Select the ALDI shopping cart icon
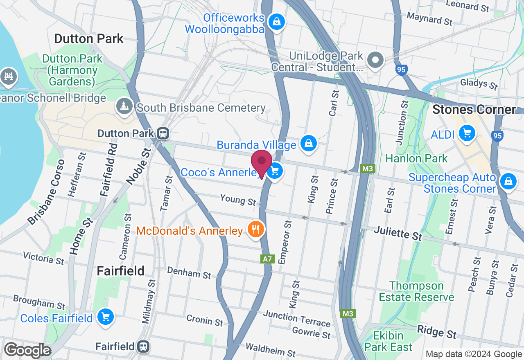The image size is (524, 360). [466, 133]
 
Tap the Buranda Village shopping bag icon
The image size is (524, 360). [309, 143]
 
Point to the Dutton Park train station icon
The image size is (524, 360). [163, 133]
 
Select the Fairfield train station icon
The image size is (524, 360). [143, 346]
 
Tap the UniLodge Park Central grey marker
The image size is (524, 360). [375, 60]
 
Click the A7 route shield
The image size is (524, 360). [267, 259]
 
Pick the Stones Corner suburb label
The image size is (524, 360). [474, 110]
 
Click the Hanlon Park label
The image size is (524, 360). [416, 158]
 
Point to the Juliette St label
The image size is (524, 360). [398, 234]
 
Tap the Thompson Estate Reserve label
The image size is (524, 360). [416, 291]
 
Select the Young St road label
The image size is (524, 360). [237, 200]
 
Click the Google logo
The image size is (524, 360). [27, 351]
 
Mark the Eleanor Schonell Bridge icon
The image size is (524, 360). [8, 76]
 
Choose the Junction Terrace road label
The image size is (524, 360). [296, 318]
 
